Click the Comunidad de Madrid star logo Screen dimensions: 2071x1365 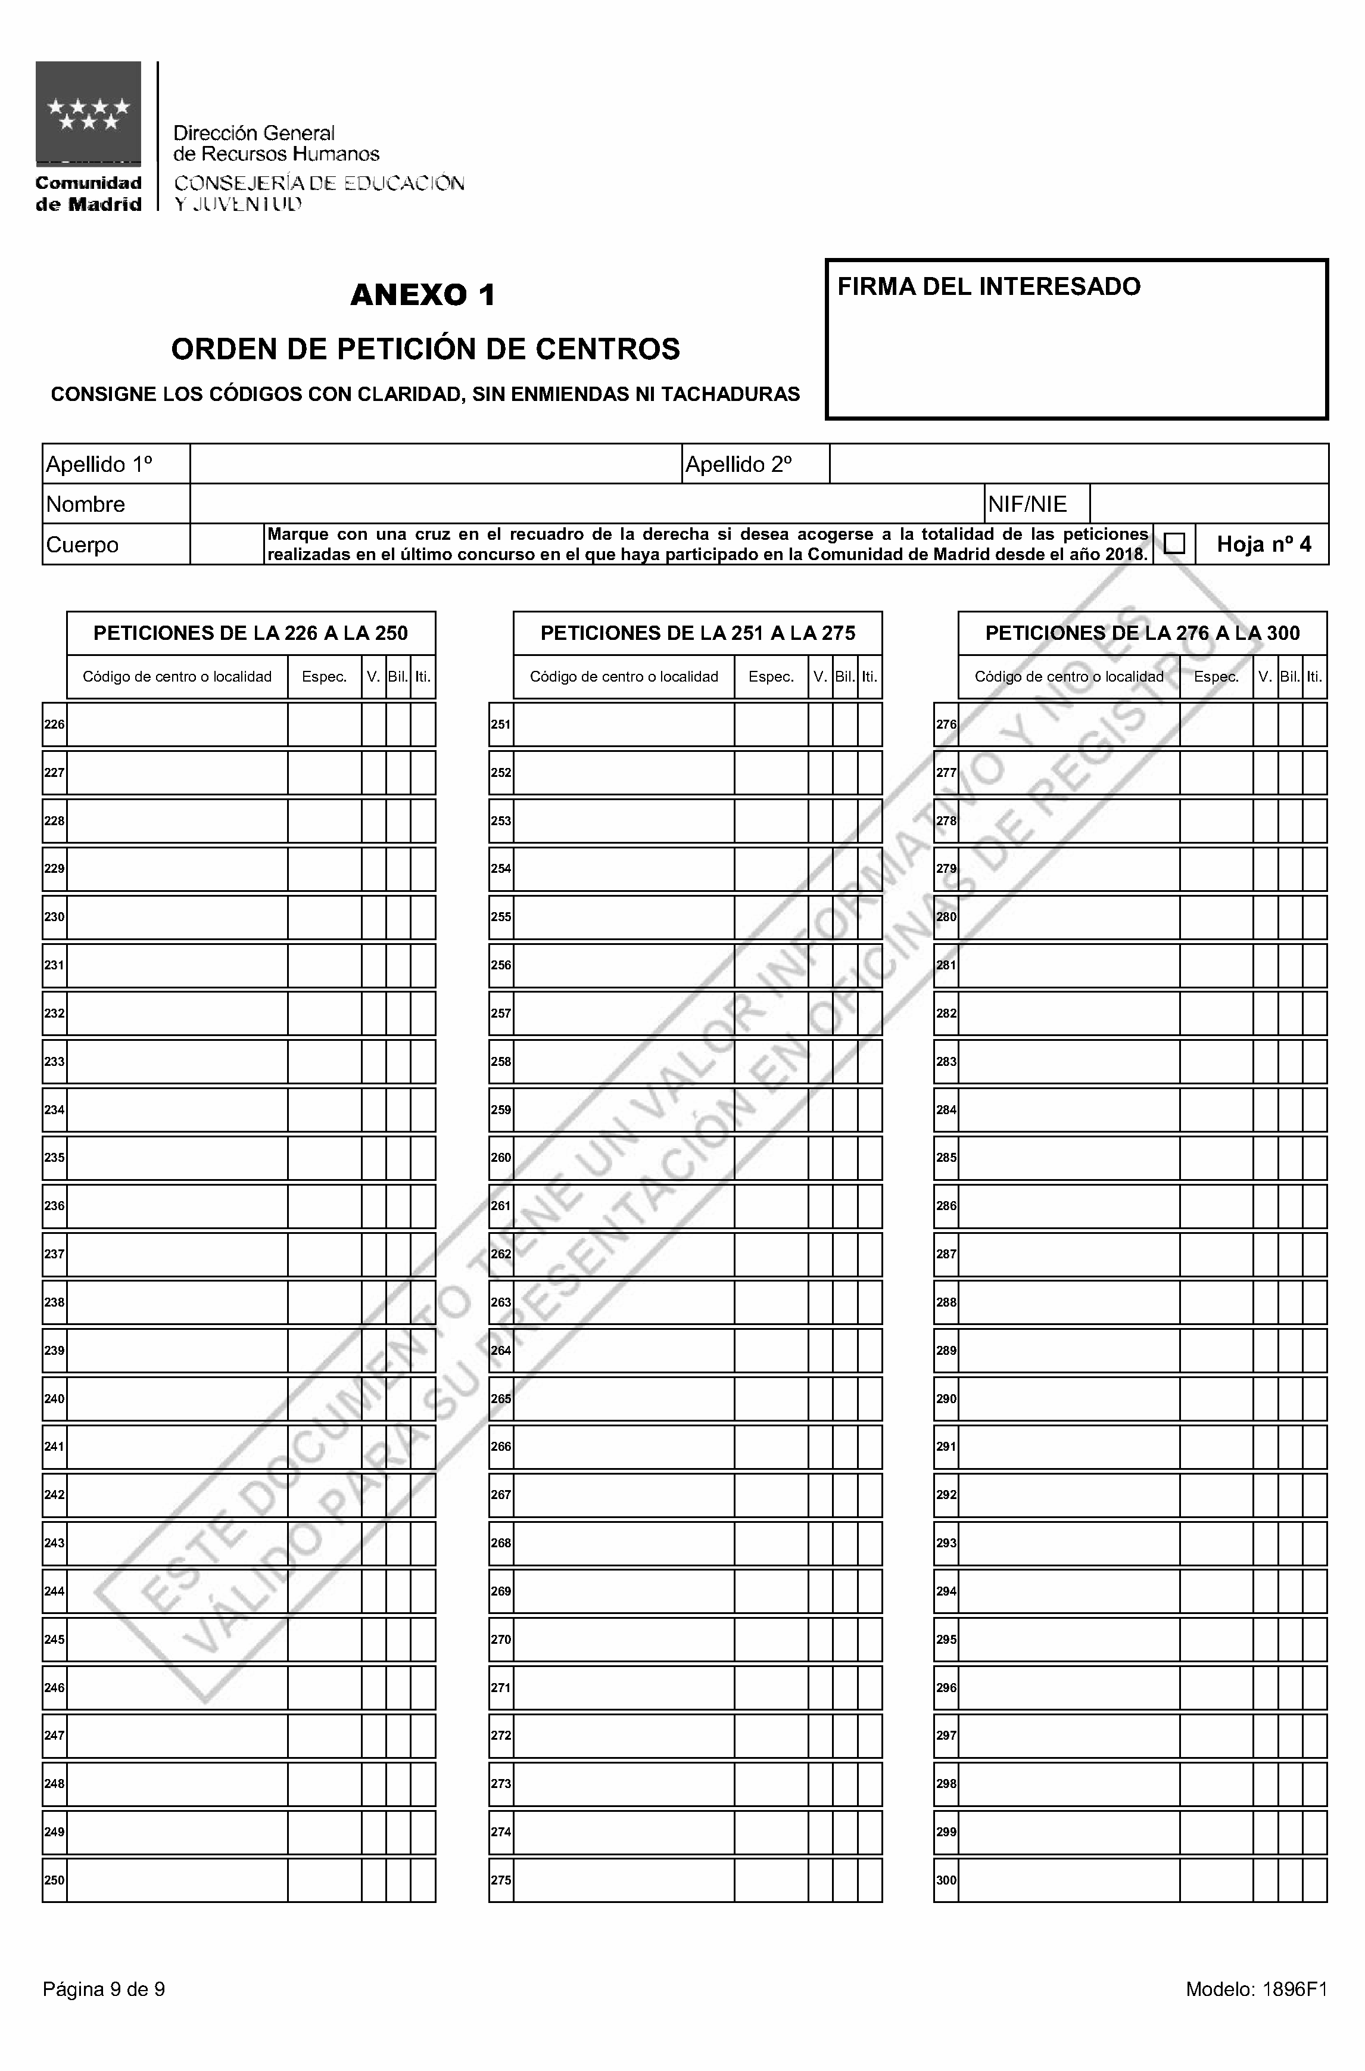(x=88, y=113)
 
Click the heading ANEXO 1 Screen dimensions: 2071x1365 (x=423, y=296)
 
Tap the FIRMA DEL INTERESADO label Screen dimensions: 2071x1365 (x=988, y=287)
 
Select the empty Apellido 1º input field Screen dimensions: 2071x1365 (x=435, y=464)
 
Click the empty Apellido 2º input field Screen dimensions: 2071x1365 (x=1079, y=464)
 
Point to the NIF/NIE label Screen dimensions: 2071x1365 (x=1027, y=504)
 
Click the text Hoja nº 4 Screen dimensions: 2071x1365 (x=1263, y=545)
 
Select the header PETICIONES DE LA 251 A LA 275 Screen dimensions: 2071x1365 (x=697, y=633)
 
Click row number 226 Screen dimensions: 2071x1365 (x=54, y=724)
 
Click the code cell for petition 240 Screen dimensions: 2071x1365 (x=177, y=1399)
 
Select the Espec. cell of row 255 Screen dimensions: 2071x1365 (x=771, y=917)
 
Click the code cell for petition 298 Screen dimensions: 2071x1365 (x=1068, y=1784)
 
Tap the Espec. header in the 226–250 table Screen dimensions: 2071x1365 (x=324, y=677)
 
